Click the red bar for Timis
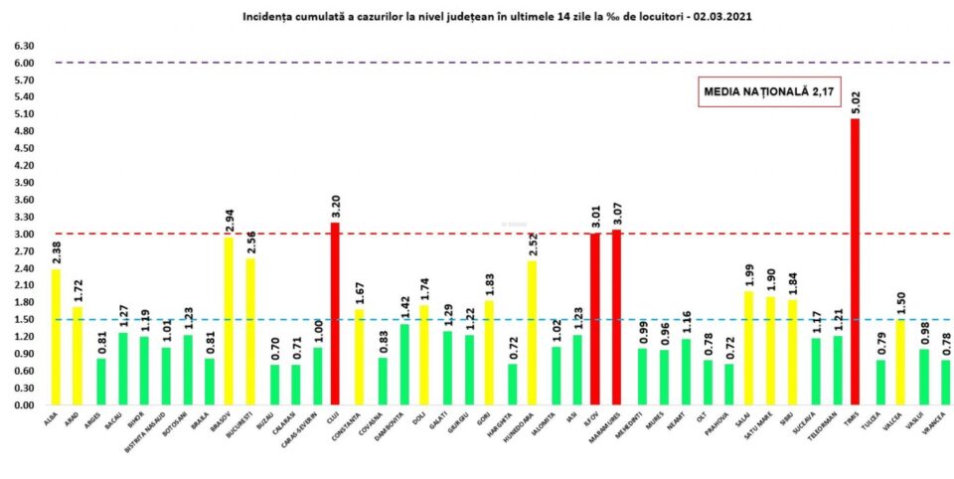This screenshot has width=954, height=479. (855, 262)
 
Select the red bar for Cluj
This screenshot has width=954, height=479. (335, 314)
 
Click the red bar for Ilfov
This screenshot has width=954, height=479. (595, 319)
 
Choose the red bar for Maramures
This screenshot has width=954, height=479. (617, 318)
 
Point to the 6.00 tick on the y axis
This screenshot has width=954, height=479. (22, 63)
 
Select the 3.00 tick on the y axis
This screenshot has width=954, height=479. (22, 235)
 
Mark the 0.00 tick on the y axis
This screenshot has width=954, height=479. (22, 405)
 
